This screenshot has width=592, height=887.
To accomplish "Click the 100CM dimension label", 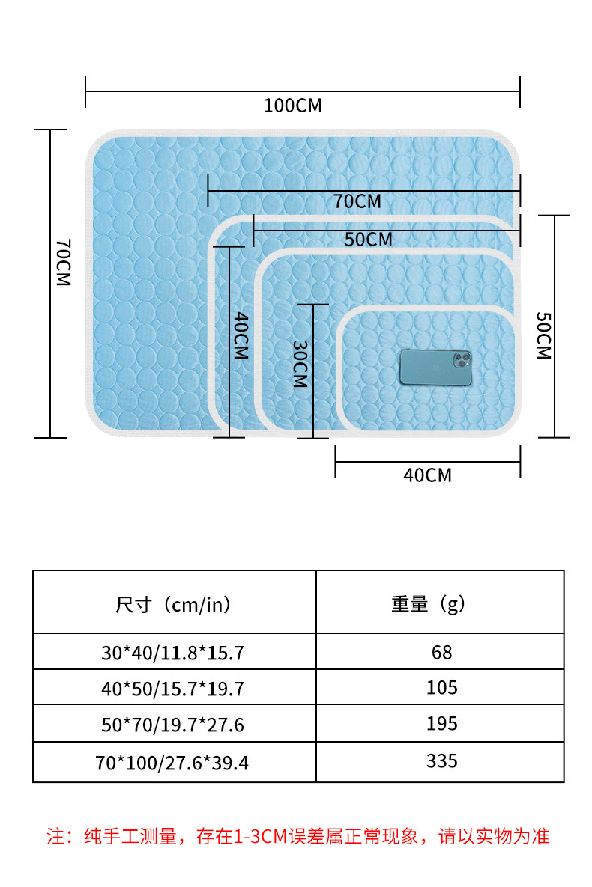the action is coord(292,106).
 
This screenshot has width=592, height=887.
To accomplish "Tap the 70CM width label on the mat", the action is coord(357,201).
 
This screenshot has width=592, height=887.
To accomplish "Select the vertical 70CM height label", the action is coord(64,263).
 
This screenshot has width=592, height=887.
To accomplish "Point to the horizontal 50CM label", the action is coord(368,240).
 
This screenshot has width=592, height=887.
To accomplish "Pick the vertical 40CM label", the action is coord(240,336).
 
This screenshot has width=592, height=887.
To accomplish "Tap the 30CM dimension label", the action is coord(300,364).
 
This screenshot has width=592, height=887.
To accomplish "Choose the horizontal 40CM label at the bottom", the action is coord(427,475).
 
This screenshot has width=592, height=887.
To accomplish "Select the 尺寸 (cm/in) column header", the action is coord(173,604).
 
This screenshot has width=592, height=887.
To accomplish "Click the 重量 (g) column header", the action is coord(428,604).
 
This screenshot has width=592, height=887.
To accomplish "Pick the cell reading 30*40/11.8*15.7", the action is coord(172,653).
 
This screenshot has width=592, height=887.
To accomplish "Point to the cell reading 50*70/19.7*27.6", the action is coord(172,725).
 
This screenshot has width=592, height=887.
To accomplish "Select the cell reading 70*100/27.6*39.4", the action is coord(172,763).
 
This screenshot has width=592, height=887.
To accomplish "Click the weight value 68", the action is coord(441,652).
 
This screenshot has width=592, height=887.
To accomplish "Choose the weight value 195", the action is coord(441,724).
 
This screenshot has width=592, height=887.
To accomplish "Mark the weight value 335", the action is coord(441,761).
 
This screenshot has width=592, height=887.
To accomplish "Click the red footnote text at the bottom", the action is coord(297,836).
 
